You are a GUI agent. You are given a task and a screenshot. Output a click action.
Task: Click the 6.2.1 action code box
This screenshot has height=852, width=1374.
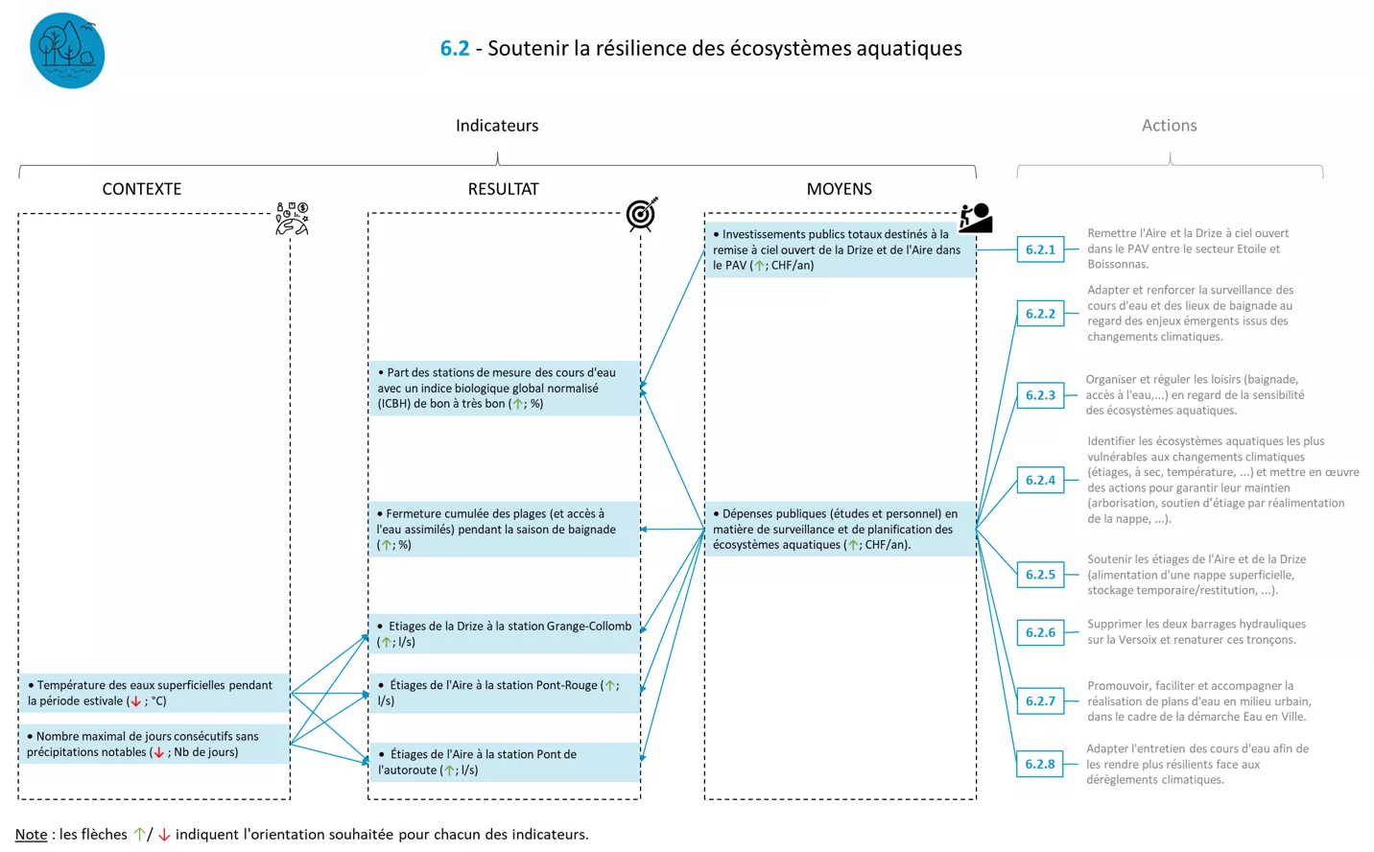tap(1040, 249)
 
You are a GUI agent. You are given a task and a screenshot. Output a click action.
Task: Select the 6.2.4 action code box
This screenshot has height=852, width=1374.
tap(1040, 480)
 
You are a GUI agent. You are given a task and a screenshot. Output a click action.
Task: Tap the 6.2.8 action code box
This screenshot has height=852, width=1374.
tap(1040, 764)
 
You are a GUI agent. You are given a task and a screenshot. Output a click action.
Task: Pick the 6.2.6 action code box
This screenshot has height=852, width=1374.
tap(1040, 632)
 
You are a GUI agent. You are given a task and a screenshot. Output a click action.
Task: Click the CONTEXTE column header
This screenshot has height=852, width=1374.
tap(142, 189)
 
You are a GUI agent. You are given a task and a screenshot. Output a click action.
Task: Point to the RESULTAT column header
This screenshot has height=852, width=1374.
tap(503, 189)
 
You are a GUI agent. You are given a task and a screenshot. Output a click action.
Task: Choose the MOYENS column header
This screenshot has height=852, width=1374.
tap(839, 189)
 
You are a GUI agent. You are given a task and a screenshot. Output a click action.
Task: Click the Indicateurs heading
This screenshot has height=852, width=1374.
tap(497, 126)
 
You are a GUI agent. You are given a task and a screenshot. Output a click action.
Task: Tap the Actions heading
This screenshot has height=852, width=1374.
tap(1169, 126)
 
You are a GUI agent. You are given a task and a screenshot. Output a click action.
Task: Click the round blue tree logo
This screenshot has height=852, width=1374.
tap(67, 51)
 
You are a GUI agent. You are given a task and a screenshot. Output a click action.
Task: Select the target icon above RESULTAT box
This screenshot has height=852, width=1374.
tap(641, 214)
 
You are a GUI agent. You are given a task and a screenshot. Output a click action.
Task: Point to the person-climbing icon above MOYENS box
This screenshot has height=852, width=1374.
tap(975, 218)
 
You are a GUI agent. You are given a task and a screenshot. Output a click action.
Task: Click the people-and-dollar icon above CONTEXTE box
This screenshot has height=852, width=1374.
tap(292, 219)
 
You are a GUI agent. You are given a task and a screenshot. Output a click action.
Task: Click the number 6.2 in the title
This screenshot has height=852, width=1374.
tap(455, 48)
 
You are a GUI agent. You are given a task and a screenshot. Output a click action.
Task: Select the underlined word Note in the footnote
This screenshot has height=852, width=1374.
tap(31, 835)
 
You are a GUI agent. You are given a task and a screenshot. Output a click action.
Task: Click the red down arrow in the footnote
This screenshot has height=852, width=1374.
tap(164, 835)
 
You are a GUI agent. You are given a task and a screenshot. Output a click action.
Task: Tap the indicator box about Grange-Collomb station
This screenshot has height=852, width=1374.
tap(504, 633)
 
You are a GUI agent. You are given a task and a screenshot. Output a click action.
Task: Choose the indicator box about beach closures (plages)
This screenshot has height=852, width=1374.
tap(504, 529)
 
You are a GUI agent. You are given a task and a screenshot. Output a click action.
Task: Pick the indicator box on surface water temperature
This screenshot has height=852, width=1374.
tap(154, 693)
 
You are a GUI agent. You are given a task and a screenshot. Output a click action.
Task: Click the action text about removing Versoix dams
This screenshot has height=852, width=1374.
tap(1196, 631)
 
